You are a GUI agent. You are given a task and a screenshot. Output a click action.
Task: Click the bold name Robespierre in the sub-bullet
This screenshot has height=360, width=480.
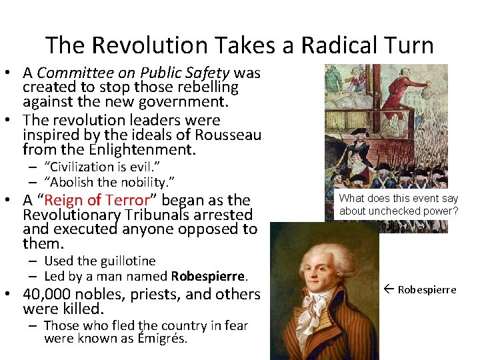coord(209,275)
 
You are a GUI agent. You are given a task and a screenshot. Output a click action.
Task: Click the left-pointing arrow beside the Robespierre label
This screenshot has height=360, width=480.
coord(390,289)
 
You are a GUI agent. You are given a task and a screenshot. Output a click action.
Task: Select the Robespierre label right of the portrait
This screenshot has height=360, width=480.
coord(427,289)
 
